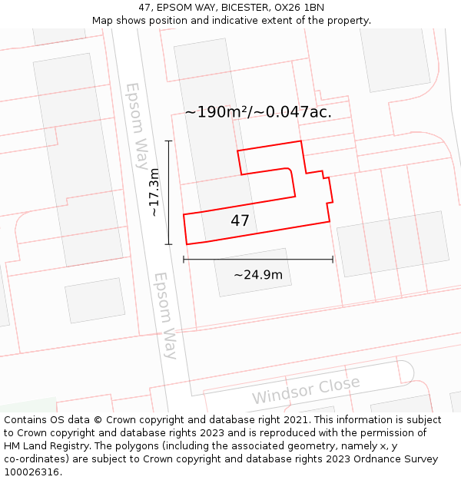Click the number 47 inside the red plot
[240, 221]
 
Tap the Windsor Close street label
[306, 391]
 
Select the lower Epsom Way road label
[165, 315]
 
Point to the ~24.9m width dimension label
[258, 275]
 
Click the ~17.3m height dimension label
[155, 192]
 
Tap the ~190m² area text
[217, 112]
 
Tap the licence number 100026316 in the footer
[33, 472]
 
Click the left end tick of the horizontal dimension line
[184, 260]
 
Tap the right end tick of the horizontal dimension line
[333, 260]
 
